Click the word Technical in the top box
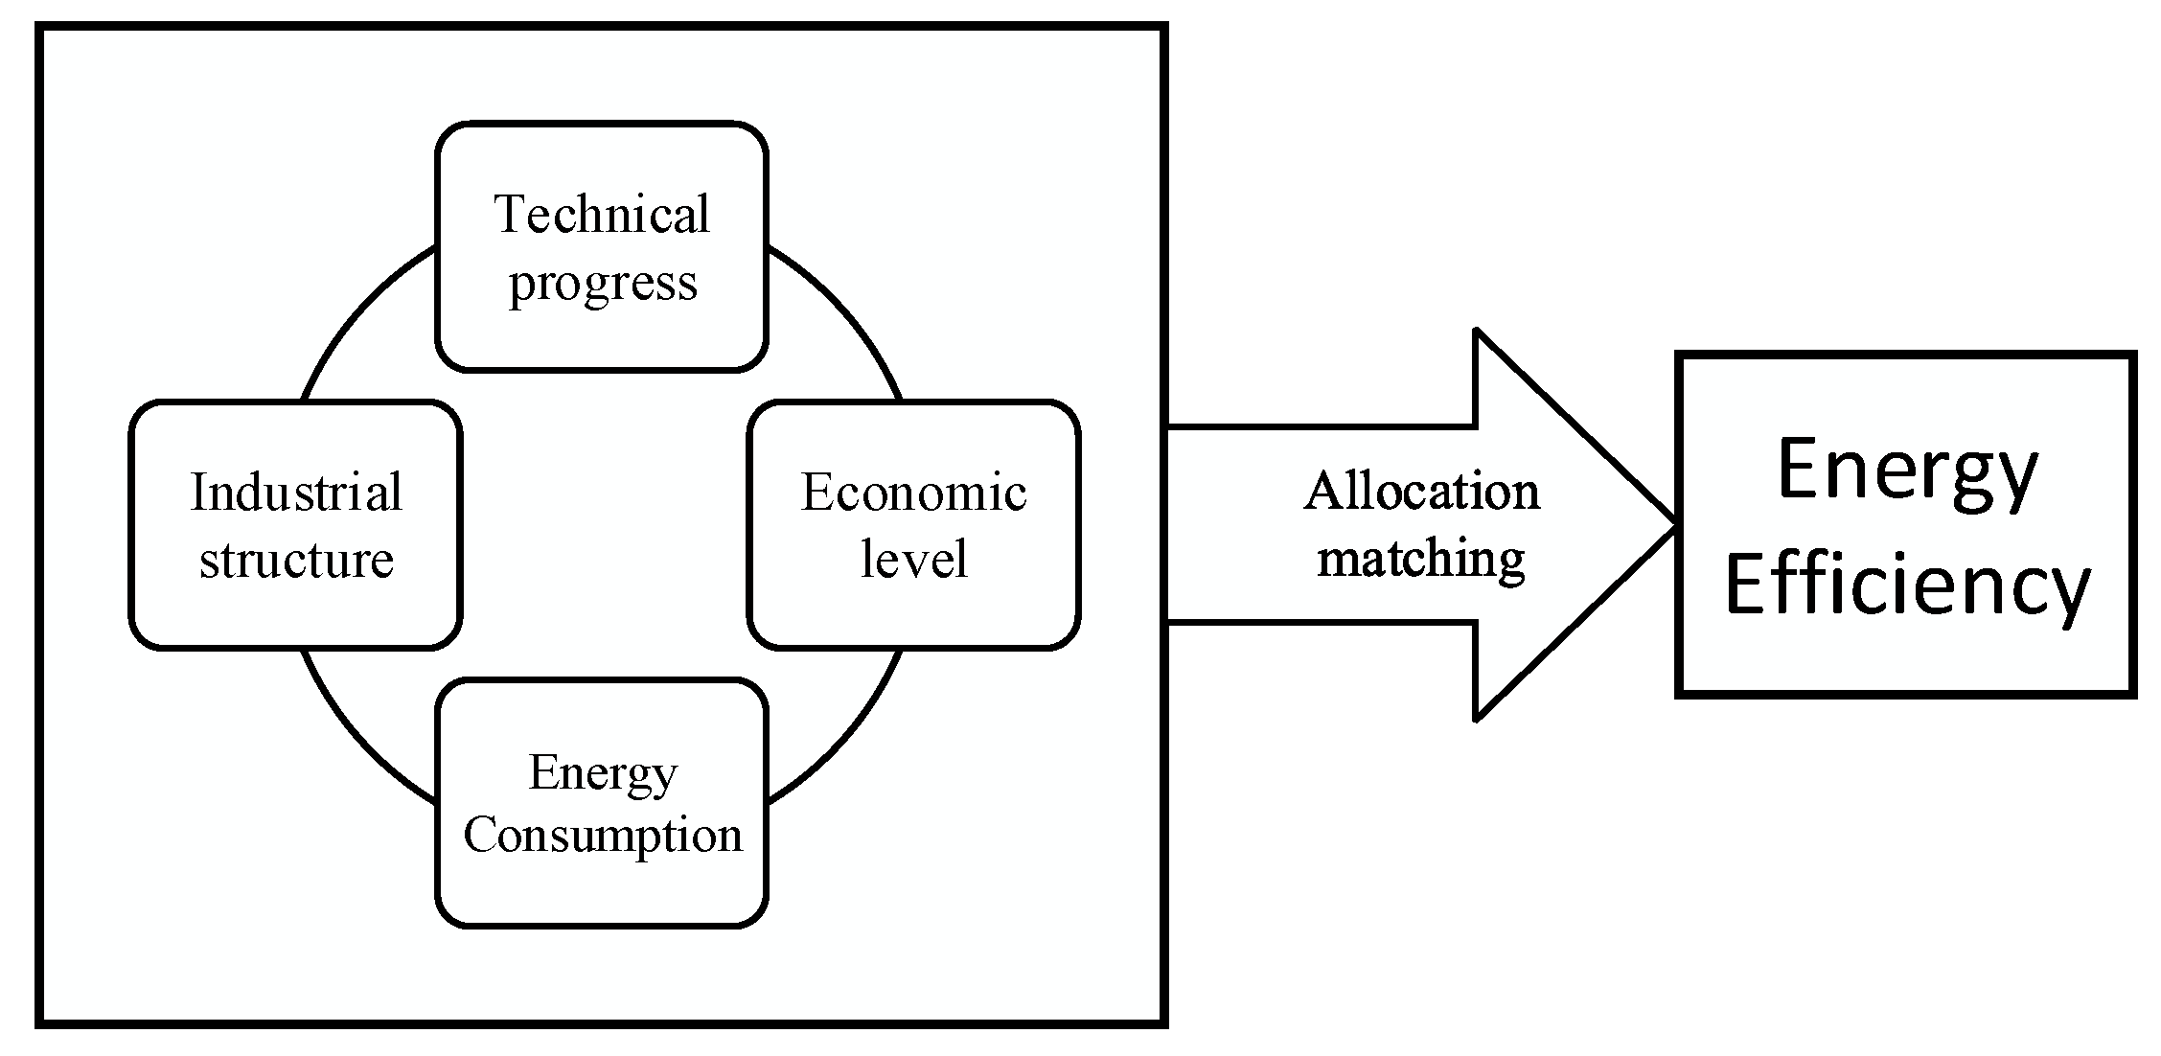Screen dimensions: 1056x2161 tap(602, 214)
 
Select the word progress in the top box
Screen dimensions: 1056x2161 tap(602, 284)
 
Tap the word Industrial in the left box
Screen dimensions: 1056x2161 tap(296, 493)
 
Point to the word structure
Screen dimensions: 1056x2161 tap(296, 560)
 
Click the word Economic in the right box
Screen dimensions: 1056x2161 tap(913, 493)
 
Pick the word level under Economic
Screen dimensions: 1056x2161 tap(913, 560)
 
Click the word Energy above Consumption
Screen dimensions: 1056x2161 tap(602, 772)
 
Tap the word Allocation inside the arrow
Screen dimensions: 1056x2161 tap(1421, 492)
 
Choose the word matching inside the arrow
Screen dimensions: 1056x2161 tap(1421, 559)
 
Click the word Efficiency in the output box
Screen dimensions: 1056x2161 tap(1907, 586)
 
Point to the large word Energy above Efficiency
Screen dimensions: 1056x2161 tap(1907, 471)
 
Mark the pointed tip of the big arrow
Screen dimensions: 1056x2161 tap(1673, 525)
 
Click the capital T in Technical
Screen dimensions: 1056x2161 tap(511, 214)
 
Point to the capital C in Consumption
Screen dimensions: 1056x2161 tap(478, 834)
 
